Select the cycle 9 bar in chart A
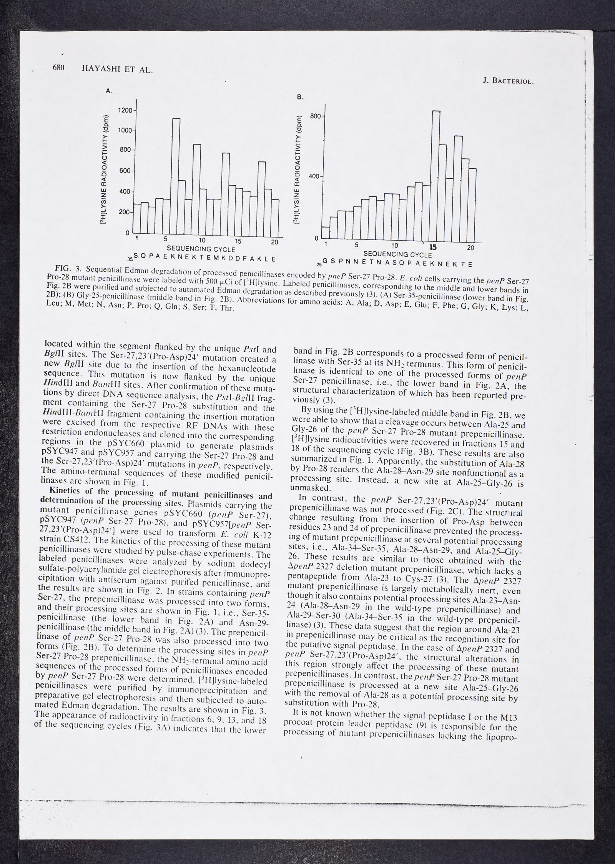pos(197,188)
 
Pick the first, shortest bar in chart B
pos(326,233)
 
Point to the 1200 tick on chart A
pos(125,110)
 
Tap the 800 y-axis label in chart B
pos(315,116)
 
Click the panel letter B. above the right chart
pos(300,98)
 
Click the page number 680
pos(58,68)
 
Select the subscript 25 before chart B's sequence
pos(319,265)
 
